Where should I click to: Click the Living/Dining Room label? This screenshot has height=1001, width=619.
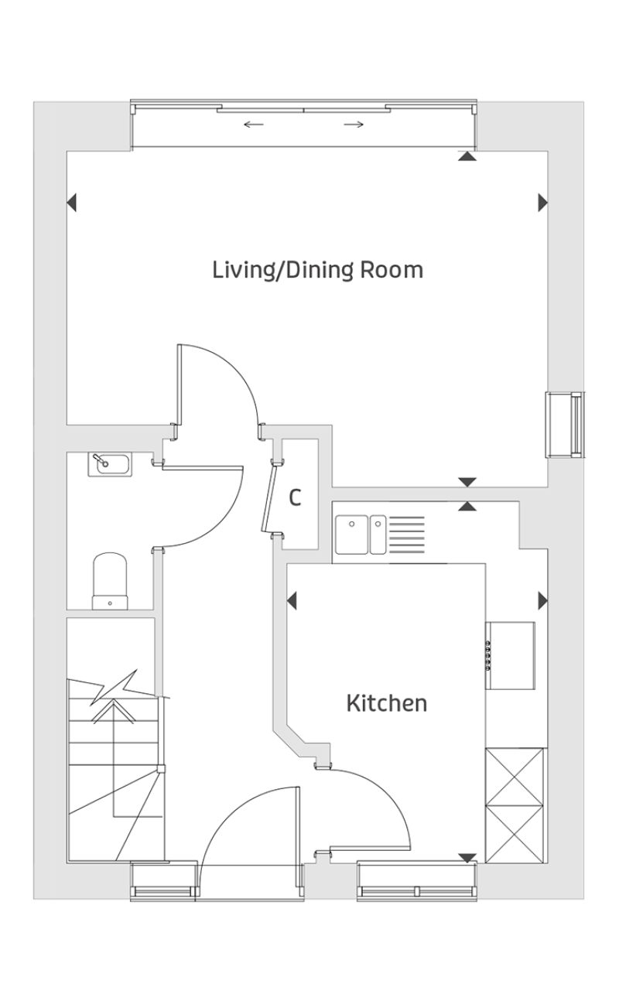pyautogui.click(x=317, y=271)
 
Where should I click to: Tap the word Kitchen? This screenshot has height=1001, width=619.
pyautogui.click(x=387, y=703)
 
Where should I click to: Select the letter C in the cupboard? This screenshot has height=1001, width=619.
pyautogui.click(x=295, y=497)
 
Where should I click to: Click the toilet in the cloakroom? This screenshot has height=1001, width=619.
pyautogui.click(x=110, y=581)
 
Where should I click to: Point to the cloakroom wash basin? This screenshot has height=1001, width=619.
pyautogui.click(x=110, y=464)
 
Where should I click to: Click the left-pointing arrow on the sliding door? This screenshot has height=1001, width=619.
pyautogui.click(x=254, y=125)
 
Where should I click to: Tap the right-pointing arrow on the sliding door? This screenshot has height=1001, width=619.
pyautogui.click(x=354, y=125)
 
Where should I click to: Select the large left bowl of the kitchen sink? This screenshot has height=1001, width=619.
pyautogui.click(x=352, y=535)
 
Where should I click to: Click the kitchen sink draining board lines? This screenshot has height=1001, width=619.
pyautogui.click(x=407, y=535)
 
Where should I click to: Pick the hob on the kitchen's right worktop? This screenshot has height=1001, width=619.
pyautogui.click(x=511, y=655)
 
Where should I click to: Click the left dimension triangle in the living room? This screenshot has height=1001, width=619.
pyautogui.click(x=71, y=203)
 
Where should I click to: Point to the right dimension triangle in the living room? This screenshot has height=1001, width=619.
pyautogui.click(x=543, y=203)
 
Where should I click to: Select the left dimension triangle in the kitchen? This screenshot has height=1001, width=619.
pyautogui.click(x=292, y=600)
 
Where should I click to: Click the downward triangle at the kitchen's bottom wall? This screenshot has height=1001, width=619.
pyautogui.click(x=467, y=858)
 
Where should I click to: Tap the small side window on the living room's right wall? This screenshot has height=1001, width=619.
pyautogui.click(x=565, y=425)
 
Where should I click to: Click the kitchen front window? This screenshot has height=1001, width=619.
pyautogui.click(x=416, y=881)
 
